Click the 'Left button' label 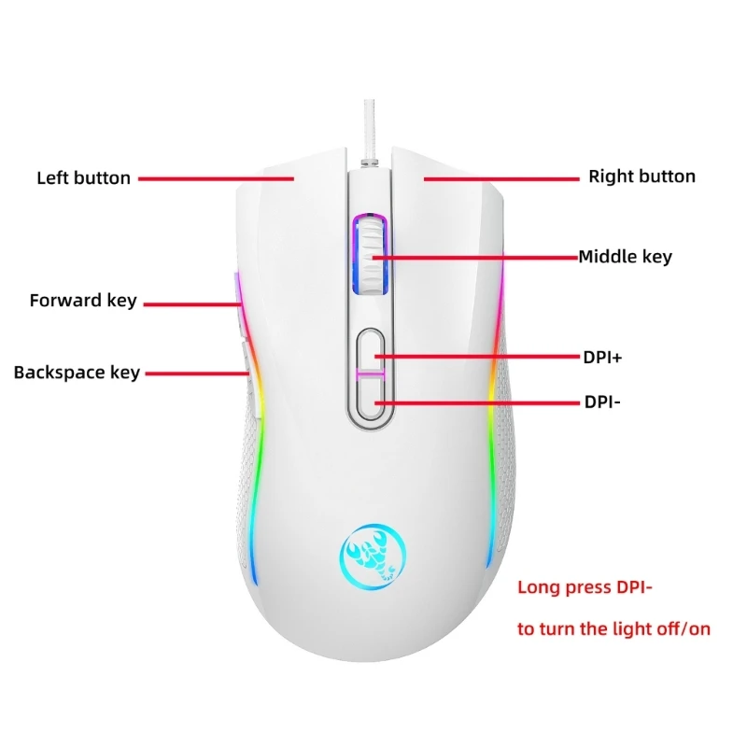pos(83,177)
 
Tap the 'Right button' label pos(641,176)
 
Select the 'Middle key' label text pos(625,257)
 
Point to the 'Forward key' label pos(83,301)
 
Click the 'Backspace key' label pos(77,373)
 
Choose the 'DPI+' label pos(601,357)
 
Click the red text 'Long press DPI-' pos(584,588)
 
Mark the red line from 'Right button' pos(499,177)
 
